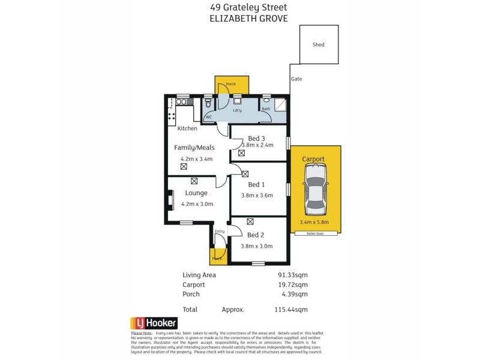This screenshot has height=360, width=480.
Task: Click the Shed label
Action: tap(319, 44)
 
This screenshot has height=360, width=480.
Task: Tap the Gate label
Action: tap(296, 79)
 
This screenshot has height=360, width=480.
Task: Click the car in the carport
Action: tap(316, 190)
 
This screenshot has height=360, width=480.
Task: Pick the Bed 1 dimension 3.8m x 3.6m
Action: tap(257, 195)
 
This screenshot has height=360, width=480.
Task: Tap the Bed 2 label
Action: tap(256, 235)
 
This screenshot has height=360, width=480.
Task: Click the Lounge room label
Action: tap(196, 193)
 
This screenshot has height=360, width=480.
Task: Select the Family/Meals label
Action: tap(194, 148)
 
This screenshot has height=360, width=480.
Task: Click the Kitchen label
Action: tap(187, 128)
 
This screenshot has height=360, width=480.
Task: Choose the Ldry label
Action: tap(238, 110)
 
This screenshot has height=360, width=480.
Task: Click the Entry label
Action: tap(220, 231)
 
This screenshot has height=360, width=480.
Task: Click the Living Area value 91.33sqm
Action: tap(293, 275)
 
